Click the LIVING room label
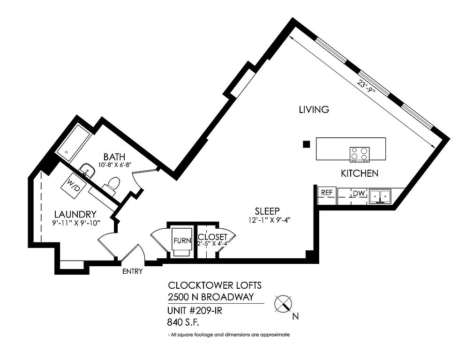(x=314, y=110)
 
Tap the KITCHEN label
(x=359, y=173)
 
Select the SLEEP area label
(x=267, y=211)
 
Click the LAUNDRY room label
(x=75, y=214)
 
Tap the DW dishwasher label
(x=359, y=194)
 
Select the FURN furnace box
(x=182, y=240)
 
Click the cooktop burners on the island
(x=359, y=154)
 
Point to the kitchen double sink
(x=380, y=196)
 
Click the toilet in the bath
(x=112, y=185)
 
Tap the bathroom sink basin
(x=87, y=170)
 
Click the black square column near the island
(x=307, y=144)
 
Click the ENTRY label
(x=133, y=271)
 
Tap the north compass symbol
(x=283, y=304)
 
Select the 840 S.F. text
(x=183, y=322)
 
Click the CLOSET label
(x=212, y=237)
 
